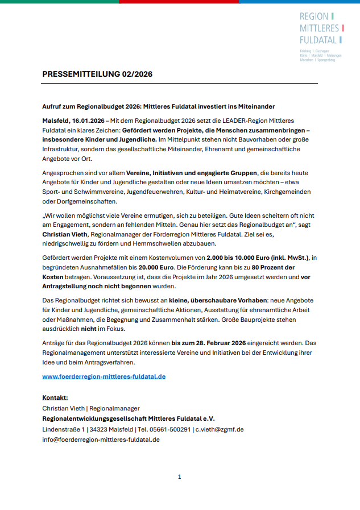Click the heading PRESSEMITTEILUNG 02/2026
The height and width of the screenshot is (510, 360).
[97, 74]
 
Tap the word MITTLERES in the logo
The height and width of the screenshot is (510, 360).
[319, 28]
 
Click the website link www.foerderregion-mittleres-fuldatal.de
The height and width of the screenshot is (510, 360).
[104, 376]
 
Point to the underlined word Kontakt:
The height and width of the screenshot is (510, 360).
[55, 397]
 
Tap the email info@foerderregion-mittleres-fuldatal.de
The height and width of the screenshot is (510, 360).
[101, 439]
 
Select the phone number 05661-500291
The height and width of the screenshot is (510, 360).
[169, 429]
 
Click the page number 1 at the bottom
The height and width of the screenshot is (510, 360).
[180, 476]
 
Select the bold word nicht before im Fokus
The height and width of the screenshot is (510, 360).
[88, 329]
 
